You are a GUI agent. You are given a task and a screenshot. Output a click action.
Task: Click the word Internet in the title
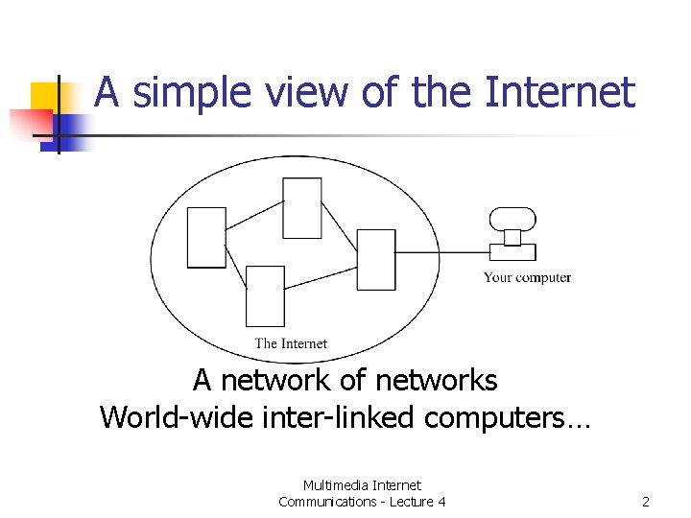tap(560, 93)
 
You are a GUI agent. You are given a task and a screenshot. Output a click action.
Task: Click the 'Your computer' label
tap(527, 278)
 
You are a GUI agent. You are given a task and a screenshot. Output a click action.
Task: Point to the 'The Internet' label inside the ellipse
tap(291, 343)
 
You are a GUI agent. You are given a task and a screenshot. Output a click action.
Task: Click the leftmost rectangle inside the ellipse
tap(206, 237)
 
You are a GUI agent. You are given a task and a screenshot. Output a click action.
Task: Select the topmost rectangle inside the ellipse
tap(302, 206)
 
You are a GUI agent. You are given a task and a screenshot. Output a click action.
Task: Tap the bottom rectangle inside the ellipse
tap(265, 295)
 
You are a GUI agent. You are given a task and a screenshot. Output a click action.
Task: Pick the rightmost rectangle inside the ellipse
tap(375, 259)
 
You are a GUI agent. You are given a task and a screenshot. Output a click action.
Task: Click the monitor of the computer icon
tap(512, 219)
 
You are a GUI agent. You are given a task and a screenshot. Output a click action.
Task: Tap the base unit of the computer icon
tap(512, 252)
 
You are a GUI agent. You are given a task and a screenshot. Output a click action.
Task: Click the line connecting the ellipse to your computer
tap(441, 253)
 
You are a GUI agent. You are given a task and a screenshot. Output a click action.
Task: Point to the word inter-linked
tap(310, 417)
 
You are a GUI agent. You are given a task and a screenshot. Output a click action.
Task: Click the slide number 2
tap(646, 502)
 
